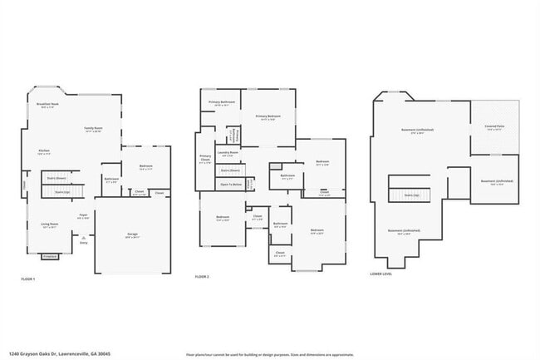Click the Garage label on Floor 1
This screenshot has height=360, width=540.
tap(133, 235)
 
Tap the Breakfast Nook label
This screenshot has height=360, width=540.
tap(47, 106)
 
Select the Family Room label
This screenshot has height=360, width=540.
tap(93, 129)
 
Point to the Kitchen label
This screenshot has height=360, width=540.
tap(43, 152)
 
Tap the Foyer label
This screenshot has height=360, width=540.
tap(84, 216)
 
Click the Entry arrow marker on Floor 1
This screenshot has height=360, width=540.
tap(84, 239)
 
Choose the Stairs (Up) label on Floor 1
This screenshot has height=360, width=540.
tap(62, 193)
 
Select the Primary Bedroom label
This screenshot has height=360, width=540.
tap(268, 117)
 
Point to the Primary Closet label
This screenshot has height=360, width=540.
tap(205, 159)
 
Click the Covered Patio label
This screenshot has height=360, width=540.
tap(493, 127)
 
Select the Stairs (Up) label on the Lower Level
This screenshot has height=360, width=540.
tap(412, 195)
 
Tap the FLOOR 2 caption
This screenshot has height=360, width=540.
tap(202, 275)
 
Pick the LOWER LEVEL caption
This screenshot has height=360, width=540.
tap(381, 274)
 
